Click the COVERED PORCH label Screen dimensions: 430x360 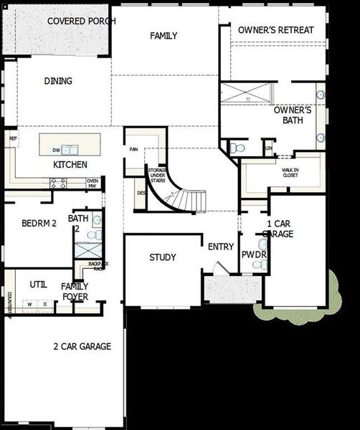tap(81, 20)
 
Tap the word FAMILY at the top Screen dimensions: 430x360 tap(164, 36)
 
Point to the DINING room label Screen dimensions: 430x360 tap(58, 81)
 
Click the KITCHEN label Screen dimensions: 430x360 tap(70, 165)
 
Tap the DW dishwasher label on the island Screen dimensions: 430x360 tap(56, 150)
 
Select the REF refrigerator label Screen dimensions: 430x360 tap(12, 139)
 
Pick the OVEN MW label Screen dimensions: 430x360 tap(93, 183)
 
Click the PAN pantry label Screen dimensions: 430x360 tap(133, 150)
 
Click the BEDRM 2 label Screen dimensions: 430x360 tap(39, 223)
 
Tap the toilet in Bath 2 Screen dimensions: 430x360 tap(92, 234)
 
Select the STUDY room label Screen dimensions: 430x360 tap(163, 258)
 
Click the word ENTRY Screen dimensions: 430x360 tap(221, 247)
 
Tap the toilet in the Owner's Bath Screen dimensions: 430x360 tap(238, 148)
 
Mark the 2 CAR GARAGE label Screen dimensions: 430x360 tap(82, 347)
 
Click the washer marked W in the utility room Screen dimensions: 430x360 tap(30, 305)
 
